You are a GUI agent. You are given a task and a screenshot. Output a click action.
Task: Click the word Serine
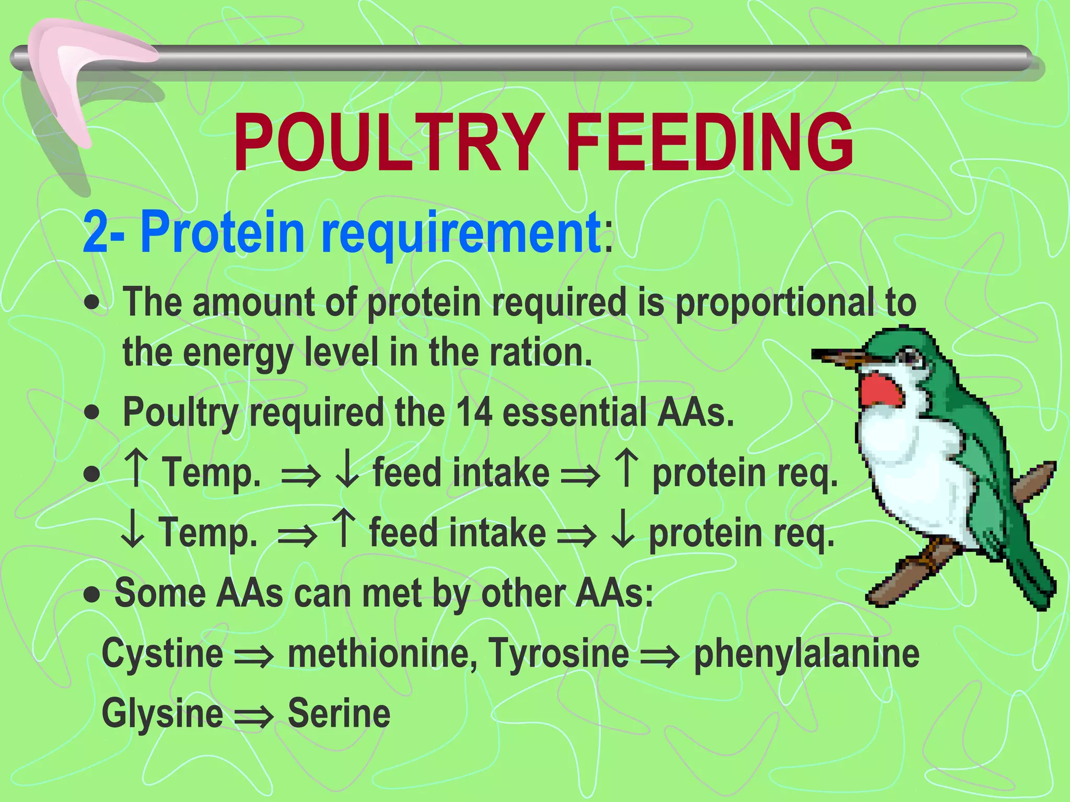tap(339, 714)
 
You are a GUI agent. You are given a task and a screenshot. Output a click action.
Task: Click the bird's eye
tap(911, 358)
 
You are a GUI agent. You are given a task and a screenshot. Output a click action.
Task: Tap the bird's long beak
tap(841, 358)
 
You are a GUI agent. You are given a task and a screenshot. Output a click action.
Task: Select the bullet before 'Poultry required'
tap(92, 412)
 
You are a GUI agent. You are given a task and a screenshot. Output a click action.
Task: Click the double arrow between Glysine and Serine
tap(254, 716)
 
